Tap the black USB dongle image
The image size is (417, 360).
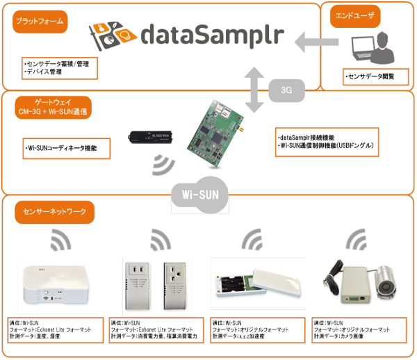pyautogui.click(x=150, y=136)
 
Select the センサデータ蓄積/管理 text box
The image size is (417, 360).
pyautogui.click(x=58, y=67)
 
